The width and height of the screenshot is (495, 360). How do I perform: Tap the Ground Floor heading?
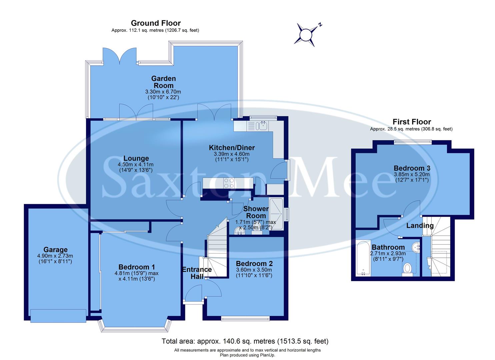[156, 23]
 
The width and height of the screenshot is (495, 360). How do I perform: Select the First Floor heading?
[411, 122]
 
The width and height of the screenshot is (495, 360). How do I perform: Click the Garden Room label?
[163, 82]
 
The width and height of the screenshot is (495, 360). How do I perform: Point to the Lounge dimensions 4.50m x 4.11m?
[136, 165]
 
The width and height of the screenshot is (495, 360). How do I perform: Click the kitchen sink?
[262, 126]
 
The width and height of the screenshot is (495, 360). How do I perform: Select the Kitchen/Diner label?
[232, 147]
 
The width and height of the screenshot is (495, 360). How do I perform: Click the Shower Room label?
[256, 212]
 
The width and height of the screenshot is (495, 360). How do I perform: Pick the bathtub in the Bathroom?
[363, 258]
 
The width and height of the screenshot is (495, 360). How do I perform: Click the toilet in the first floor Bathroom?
[407, 268]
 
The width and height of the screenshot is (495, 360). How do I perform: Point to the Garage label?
[55, 250]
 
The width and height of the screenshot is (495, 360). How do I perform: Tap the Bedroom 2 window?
[245, 319]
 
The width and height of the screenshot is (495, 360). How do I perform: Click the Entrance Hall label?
[197, 273]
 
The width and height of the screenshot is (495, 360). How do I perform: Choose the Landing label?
[420, 226]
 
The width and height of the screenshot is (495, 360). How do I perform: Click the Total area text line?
[245, 341]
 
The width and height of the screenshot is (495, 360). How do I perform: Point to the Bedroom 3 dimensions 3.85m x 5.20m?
[411, 174]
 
